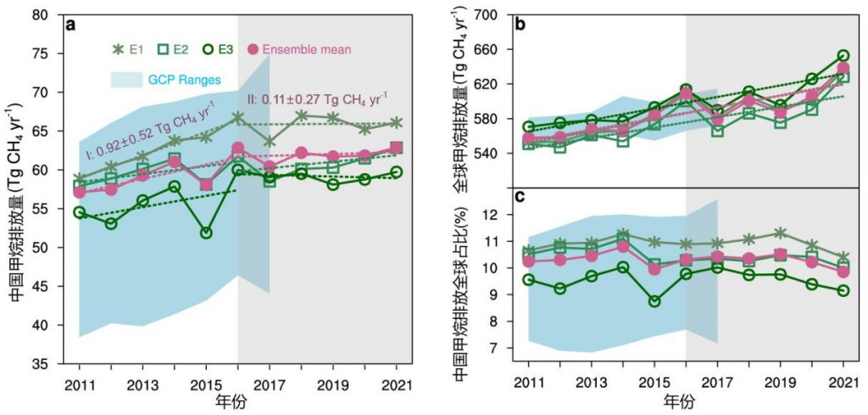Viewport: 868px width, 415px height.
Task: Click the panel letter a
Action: click(x=72, y=25)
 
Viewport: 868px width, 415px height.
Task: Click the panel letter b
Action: click(x=519, y=25)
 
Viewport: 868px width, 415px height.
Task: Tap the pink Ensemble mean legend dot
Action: click(x=253, y=49)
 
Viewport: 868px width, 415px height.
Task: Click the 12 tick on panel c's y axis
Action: click(x=495, y=215)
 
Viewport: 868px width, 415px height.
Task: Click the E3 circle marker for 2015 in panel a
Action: click(x=206, y=233)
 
